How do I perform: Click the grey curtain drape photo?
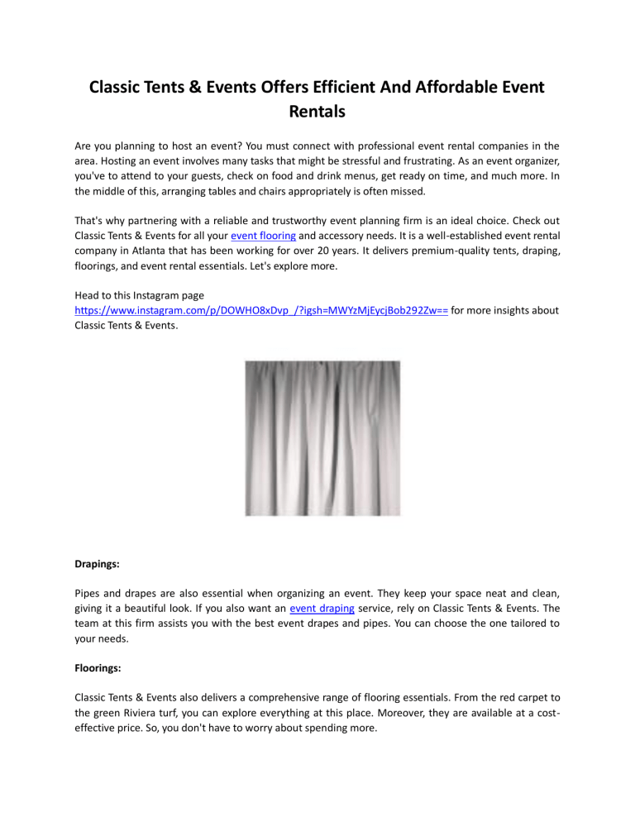[322, 449]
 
